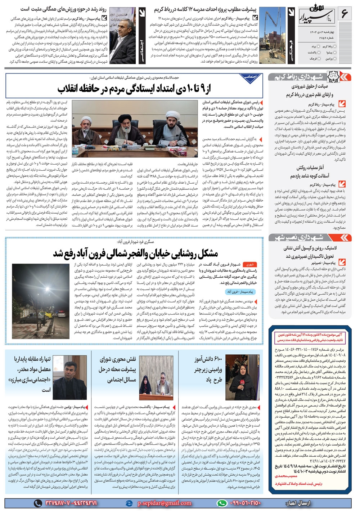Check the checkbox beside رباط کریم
336,46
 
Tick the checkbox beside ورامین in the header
336,58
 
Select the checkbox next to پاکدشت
319,52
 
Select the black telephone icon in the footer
38,503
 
